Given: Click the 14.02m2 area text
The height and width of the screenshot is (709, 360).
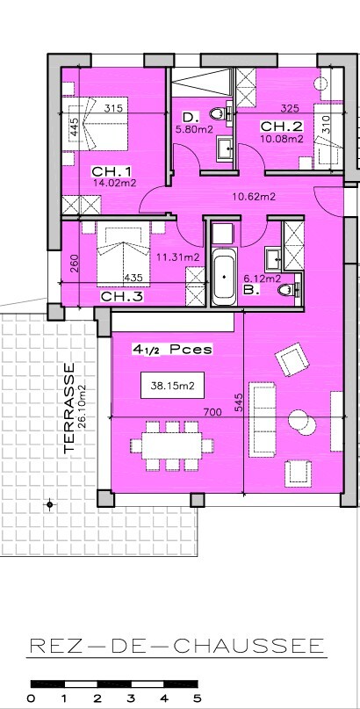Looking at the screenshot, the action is (115, 183).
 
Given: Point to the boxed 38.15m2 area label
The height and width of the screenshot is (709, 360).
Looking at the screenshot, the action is (173, 386).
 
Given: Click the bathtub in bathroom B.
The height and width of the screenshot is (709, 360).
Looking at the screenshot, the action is (225, 276).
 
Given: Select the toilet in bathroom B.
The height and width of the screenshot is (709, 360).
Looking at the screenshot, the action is (289, 289).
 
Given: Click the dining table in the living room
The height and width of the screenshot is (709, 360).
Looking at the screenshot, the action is (171, 446).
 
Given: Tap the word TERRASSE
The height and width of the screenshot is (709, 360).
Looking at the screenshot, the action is (69, 408).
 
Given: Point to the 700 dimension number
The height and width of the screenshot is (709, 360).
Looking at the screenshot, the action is (212, 412).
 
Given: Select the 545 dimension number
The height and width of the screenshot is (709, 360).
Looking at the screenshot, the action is (239, 402).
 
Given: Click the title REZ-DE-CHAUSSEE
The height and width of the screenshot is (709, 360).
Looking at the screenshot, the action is (177, 646).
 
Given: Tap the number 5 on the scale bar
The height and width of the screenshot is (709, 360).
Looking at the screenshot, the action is (197, 699).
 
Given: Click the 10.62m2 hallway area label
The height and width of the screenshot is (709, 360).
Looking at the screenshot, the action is (254, 197).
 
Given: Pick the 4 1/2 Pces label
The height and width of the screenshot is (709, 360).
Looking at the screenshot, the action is (171, 350).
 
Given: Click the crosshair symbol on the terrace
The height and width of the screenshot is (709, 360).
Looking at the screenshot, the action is (50, 504).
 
